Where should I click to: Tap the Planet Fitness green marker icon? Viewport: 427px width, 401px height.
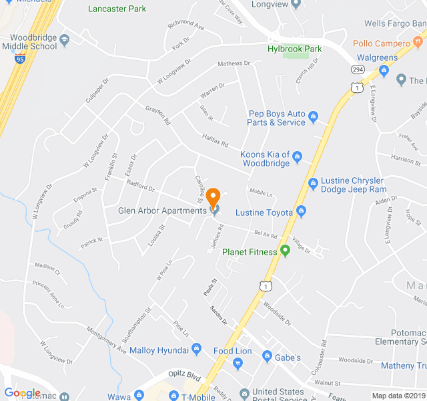[286, 251]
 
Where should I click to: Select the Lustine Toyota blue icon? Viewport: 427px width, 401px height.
[302, 213]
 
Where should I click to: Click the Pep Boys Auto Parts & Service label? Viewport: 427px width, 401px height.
[277, 118]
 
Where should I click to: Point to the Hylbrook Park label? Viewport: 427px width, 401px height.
[294, 49]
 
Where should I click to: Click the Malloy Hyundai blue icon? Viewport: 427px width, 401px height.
[196, 349]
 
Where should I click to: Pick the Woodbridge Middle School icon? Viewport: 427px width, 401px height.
[64, 39]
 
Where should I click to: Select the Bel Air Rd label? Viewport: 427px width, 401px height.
[266, 235]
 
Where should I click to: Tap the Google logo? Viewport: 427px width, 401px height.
[22, 393]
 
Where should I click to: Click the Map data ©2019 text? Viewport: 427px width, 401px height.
[398, 396]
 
